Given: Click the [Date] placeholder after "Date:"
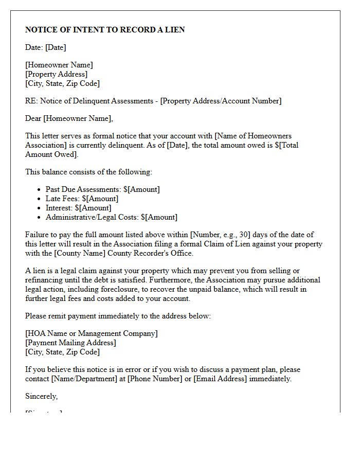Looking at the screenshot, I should pos(56,47).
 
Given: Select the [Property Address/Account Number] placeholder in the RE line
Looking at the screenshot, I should pos(221,101).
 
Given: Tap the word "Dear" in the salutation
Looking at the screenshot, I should pos(33,118).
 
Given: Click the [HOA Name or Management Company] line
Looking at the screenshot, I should pos(92,333).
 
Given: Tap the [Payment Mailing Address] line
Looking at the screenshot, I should pos(70,343).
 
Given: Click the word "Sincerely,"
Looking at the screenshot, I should pos(42,396).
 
